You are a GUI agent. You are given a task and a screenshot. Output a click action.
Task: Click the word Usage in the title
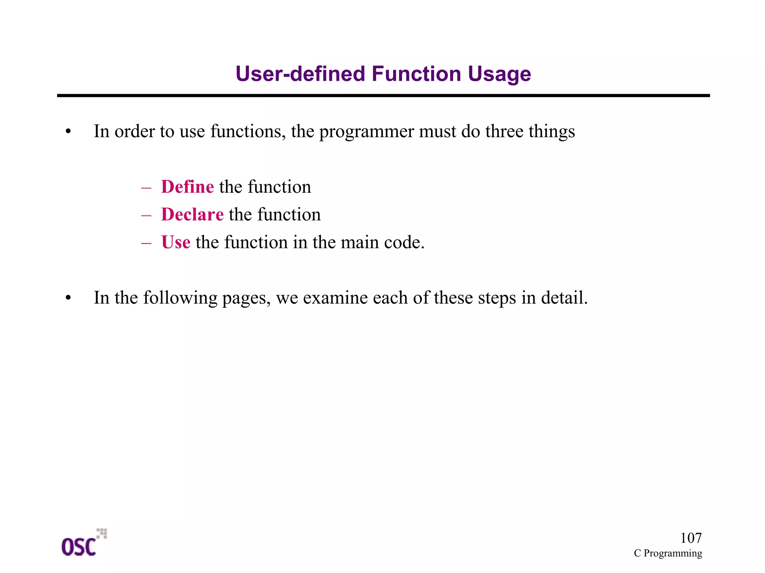pyautogui.click(x=499, y=74)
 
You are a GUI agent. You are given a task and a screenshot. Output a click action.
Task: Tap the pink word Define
pyautogui.click(x=187, y=187)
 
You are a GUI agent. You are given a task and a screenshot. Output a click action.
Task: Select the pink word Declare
pyautogui.click(x=192, y=214)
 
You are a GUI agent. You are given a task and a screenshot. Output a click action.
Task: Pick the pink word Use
pyautogui.click(x=176, y=242)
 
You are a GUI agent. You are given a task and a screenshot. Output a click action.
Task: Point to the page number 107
pyautogui.click(x=691, y=538)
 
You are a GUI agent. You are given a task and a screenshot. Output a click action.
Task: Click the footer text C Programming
pyautogui.click(x=668, y=553)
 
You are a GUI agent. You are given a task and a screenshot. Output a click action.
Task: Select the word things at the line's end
pyautogui.click(x=552, y=132)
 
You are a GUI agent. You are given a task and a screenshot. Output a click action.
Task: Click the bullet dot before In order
pyautogui.click(x=68, y=132)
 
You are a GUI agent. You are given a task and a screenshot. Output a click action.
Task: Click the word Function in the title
pyautogui.click(x=416, y=74)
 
